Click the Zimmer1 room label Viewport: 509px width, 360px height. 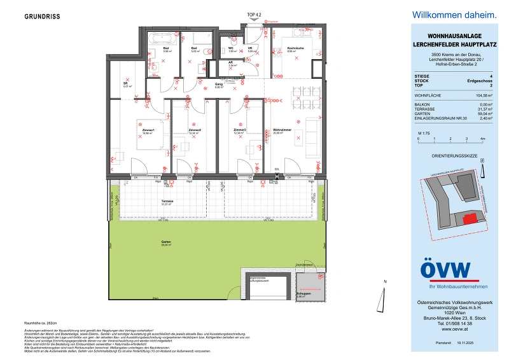149,130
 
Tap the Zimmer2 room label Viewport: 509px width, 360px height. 195,130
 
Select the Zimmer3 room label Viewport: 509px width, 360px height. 239,130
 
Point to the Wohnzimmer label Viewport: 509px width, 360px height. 282,130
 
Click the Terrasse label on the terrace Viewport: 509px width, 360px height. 167,201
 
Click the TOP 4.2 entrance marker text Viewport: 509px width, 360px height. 254,15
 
